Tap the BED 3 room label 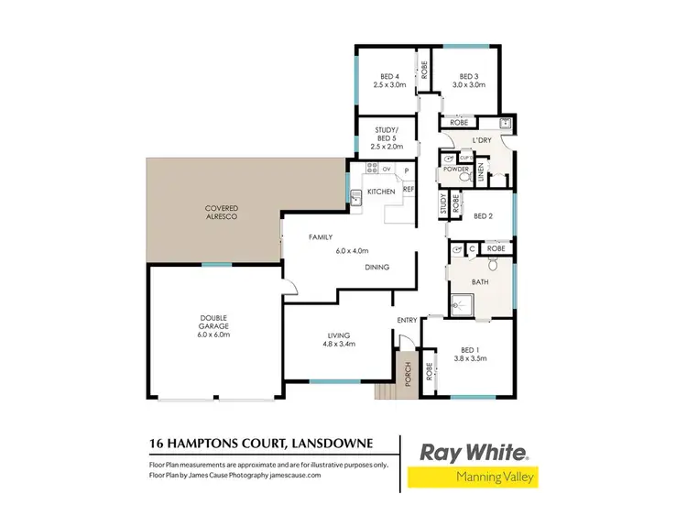(x=468, y=77)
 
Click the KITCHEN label (x=381, y=192)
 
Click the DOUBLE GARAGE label (x=213, y=325)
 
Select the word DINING (x=377, y=268)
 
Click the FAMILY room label (x=320, y=237)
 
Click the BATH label (x=479, y=281)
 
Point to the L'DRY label (x=483, y=139)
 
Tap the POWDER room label (x=455, y=170)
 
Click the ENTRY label (x=407, y=320)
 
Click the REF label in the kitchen (x=409, y=189)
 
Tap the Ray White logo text (x=473, y=452)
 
